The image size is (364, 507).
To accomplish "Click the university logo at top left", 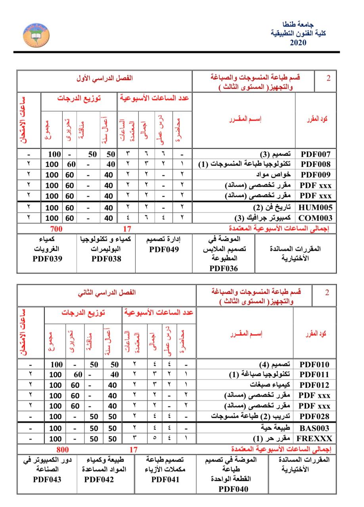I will [36, 34].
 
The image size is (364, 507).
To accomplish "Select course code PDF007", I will [316, 154].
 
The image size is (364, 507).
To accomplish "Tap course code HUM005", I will [316, 207].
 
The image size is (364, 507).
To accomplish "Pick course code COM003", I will [316, 218].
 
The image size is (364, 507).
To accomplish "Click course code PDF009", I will [316, 175].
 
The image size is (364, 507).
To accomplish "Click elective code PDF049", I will [164, 250].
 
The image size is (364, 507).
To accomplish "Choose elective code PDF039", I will [48, 259].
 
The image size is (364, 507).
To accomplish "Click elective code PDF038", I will [106, 259].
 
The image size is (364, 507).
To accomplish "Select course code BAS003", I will [314, 428].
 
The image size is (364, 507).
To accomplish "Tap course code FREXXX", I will [314, 438].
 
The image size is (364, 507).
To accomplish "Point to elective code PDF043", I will [47, 479].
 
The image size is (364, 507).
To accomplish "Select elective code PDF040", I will [234, 489].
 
